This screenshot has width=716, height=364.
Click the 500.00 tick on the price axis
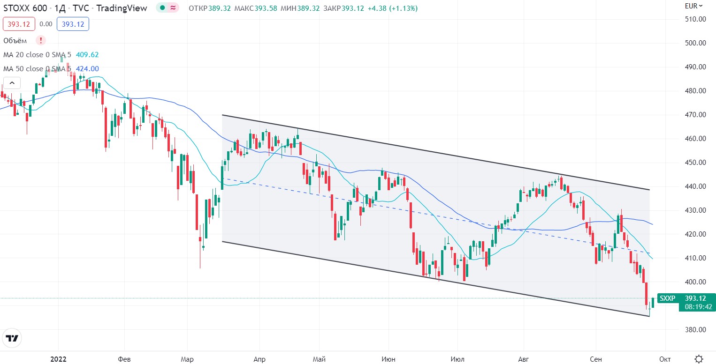pos(696,43)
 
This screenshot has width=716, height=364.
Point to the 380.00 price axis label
pos(696,329)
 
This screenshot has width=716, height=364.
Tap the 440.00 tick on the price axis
pos(696,186)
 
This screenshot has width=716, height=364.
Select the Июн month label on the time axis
pos(388,359)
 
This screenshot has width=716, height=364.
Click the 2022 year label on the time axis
pos(58,359)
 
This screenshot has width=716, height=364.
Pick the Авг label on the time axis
pos(523,359)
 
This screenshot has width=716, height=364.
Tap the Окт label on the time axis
pos(664,359)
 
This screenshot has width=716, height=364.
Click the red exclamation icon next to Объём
pos(41,40)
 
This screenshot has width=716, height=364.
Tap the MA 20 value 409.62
pos(87,55)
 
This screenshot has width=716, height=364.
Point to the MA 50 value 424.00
pos(87,69)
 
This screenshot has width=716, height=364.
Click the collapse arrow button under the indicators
pos(12,83)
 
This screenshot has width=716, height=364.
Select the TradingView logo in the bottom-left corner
pos(13,338)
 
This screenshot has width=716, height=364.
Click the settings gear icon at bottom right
pos(699,359)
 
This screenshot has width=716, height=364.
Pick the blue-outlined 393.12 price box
pos(73,24)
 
